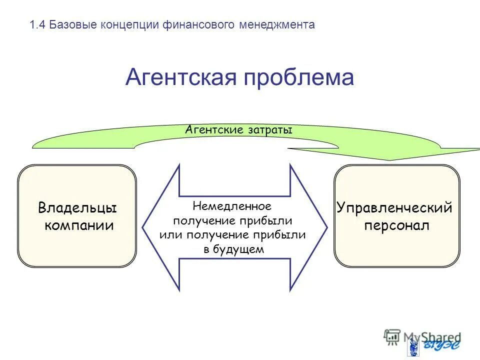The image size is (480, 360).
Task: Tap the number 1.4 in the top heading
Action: tap(38, 25)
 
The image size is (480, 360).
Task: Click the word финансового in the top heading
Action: tap(198, 25)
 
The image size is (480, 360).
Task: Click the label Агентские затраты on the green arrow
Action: tap(238, 130)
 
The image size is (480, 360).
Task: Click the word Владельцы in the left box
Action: tap(77, 207)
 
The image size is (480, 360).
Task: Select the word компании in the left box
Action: tap(79, 225)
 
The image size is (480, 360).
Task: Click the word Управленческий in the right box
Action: tap(394, 207)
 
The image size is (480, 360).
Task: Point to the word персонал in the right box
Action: tap(396, 225)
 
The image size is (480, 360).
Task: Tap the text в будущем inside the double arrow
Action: tap(233, 249)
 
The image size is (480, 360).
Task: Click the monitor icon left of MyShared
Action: tap(392, 336)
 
